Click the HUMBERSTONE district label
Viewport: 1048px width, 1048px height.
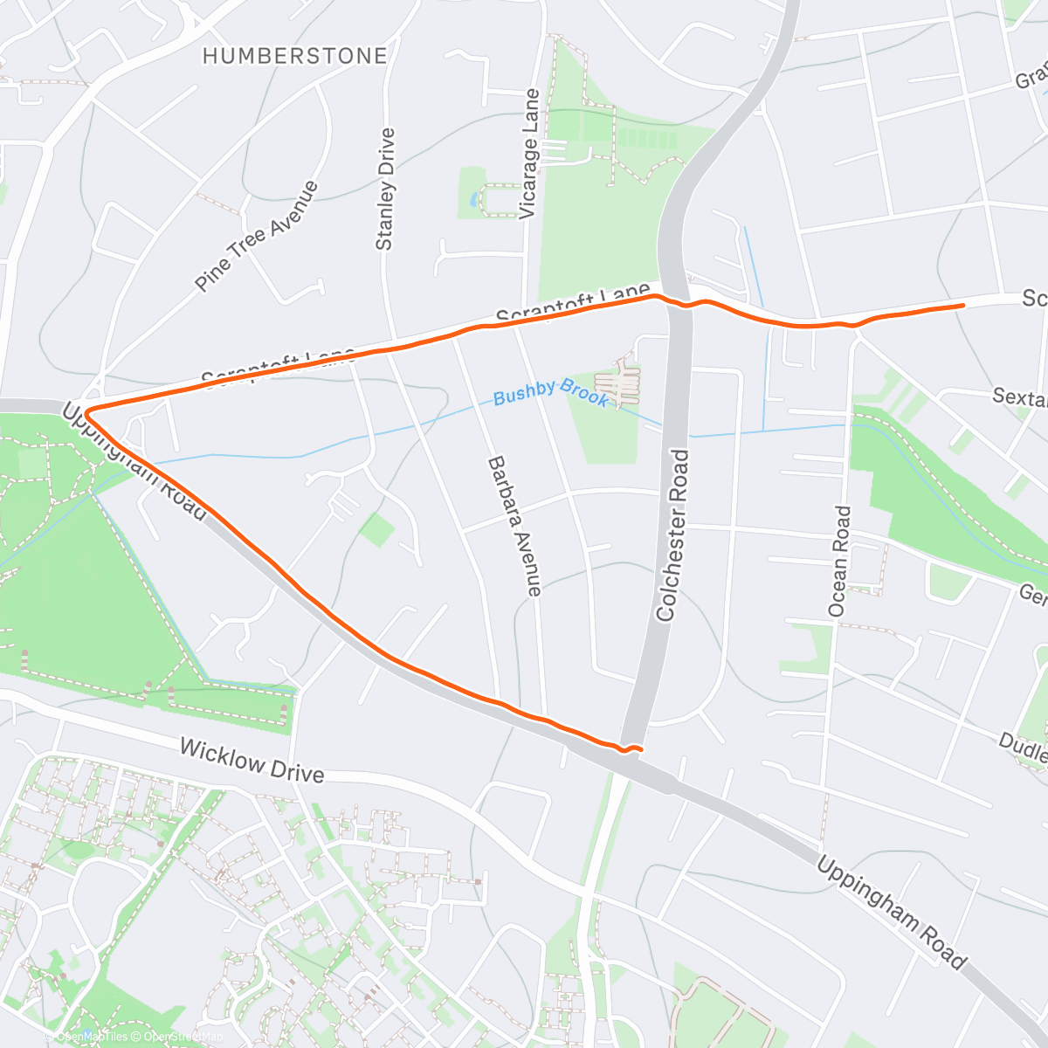(294, 56)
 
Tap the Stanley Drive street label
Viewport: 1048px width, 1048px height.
(385, 190)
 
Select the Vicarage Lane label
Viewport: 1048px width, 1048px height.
(529, 155)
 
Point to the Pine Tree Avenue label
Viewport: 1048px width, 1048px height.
(257, 237)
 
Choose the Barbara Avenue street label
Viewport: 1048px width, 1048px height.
(514, 526)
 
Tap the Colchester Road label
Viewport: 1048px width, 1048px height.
(673, 535)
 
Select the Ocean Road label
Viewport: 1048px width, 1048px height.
(838, 562)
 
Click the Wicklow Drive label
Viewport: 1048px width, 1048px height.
(252, 761)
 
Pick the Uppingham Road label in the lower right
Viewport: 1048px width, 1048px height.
(892, 914)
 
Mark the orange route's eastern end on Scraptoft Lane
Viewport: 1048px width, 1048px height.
(962, 305)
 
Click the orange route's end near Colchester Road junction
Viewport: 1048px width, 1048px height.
(641, 749)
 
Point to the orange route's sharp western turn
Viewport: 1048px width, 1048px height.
(86, 410)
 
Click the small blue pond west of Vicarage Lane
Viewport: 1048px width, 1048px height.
(474, 199)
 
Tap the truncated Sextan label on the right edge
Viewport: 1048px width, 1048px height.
(1020, 397)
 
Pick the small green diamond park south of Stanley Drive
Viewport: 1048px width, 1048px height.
(376, 530)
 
